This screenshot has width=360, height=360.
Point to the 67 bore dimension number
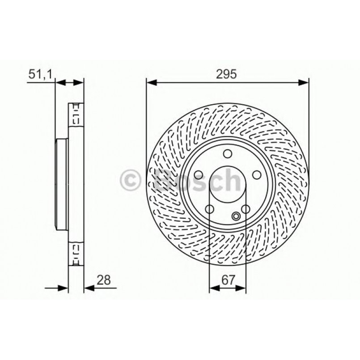228,280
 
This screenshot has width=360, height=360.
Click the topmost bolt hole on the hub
228,155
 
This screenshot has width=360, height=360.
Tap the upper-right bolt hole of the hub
256,176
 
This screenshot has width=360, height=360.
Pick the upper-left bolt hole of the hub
199,176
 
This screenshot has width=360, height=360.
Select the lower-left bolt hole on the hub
210,209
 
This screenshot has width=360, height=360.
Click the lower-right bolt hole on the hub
245,209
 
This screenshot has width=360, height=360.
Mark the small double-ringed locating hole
236,216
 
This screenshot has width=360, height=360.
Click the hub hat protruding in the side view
61,183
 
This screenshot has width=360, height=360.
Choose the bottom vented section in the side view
76,253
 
